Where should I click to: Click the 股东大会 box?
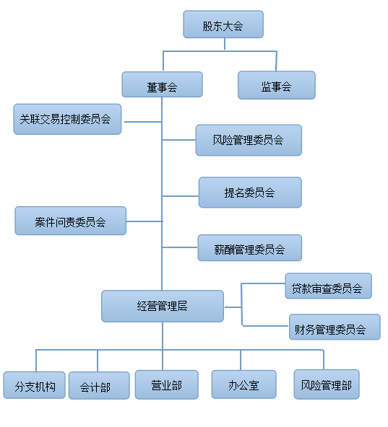coord(223,25)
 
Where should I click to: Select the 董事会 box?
coord(162,84)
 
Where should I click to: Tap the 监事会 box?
coord(277,85)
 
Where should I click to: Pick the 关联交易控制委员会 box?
coord(67,119)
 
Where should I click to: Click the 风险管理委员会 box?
coord(249,140)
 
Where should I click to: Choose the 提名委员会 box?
coord(250,193)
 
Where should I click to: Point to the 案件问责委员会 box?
coord(70,221)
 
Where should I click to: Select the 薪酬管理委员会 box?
coord(250,248)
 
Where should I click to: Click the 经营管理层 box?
coord(163,306)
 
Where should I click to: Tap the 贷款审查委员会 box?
coord(329,286)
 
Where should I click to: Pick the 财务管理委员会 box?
coord(335,327)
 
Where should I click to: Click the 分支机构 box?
coord(35,385)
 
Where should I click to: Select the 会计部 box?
coord(99,386)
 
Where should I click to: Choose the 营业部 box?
coord(167,384)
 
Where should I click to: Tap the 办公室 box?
coord(244,384)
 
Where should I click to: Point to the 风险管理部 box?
coord(327,384)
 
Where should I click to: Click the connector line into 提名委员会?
coord(181,196)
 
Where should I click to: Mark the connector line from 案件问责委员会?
coord(145,221)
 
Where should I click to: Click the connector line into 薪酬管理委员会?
coord(180,247)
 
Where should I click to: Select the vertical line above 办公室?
coord(241,360)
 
